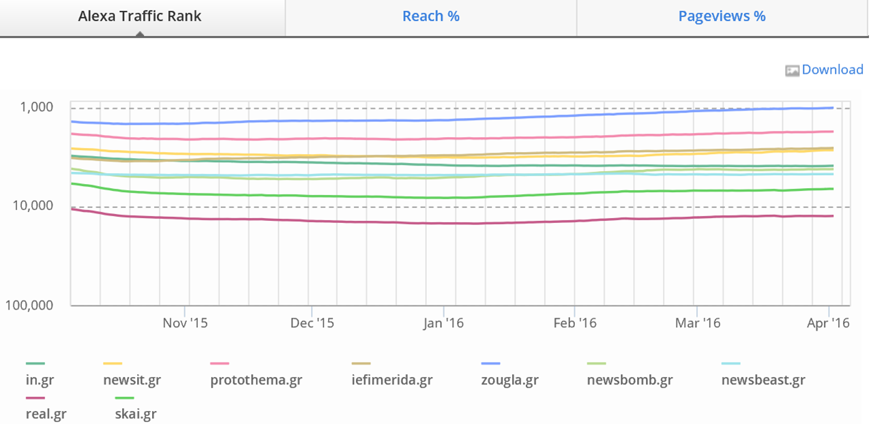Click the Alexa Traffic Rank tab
tap(140, 16)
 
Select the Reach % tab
tap(431, 16)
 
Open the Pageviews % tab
tap(722, 16)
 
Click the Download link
tap(832, 70)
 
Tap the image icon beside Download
tap(792, 70)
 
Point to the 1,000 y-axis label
tap(37, 107)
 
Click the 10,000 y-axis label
tap(33, 206)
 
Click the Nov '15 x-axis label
tap(185, 323)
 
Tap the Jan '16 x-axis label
tap(443, 323)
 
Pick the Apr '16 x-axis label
tap(828, 323)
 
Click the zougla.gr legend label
tap(509, 380)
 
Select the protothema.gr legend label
tap(256, 380)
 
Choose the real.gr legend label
tap(46, 413)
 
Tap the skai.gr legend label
tap(136, 413)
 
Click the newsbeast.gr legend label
tap(763, 380)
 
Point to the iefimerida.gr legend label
tap(391, 380)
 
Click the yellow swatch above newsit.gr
tap(113, 364)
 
